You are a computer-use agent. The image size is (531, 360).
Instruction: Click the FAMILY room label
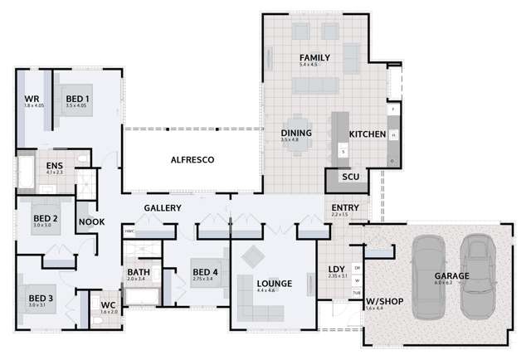click(x=314, y=58)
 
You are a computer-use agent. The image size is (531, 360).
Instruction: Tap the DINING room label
click(x=296, y=133)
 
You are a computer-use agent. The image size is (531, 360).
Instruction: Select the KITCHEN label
click(x=367, y=134)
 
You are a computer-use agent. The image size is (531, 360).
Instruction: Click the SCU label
click(x=349, y=178)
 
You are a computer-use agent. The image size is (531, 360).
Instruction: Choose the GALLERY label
click(x=163, y=207)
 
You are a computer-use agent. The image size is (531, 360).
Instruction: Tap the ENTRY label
click(x=344, y=207)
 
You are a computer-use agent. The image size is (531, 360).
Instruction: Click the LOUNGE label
click(x=275, y=284)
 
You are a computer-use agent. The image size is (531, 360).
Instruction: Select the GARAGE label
click(x=451, y=275)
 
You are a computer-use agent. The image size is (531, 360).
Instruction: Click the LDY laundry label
click(x=336, y=268)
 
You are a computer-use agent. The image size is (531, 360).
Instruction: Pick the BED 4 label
click(x=205, y=272)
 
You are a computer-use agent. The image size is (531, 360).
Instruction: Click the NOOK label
click(x=90, y=221)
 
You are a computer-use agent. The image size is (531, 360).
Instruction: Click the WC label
click(x=108, y=305)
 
